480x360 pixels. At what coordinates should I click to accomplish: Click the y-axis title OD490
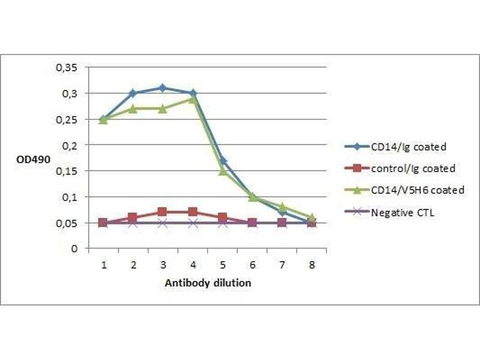pos(28,161)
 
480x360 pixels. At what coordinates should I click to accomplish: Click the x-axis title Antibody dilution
pos(208,283)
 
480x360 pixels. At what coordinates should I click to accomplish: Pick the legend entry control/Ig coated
pos(413,168)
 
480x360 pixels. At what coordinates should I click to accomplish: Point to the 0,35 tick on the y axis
pos(67,68)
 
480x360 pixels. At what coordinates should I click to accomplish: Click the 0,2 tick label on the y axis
pos(71,145)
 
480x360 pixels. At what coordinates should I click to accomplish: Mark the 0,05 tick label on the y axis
pos(67,223)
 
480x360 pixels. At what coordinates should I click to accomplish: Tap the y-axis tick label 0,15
pos(67,171)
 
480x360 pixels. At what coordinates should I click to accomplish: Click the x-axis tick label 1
pos(103,264)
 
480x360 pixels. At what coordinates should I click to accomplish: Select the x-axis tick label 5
pos(222,264)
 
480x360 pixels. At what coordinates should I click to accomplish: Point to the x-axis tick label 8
pos(311,264)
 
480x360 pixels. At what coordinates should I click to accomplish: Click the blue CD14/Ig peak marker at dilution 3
pos(163,88)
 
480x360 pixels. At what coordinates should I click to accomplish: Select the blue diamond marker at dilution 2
pos(133,93)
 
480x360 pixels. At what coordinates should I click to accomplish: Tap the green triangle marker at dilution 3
pos(163,109)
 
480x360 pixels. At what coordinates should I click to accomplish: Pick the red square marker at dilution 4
pos(192,212)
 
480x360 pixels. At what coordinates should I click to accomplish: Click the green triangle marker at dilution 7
pos(281,206)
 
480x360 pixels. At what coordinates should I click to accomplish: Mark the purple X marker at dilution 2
pos(133,223)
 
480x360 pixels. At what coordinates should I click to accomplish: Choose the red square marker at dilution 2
pos(133,217)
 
